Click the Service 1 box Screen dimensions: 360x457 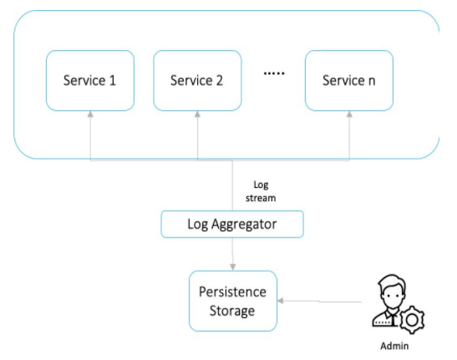click(89, 81)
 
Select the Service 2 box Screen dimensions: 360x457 click(197, 81)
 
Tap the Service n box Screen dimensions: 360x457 click(348, 81)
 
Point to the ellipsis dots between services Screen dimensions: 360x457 click(274, 74)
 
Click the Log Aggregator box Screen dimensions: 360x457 click(231, 224)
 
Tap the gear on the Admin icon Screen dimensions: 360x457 click(414, 317)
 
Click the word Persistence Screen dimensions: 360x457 click(232, 292)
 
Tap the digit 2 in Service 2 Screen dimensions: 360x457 click(219, 81)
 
